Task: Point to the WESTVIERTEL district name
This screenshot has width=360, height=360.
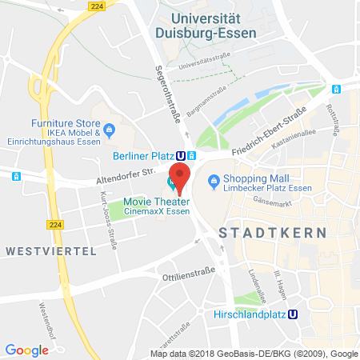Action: (x=50, y=250)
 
